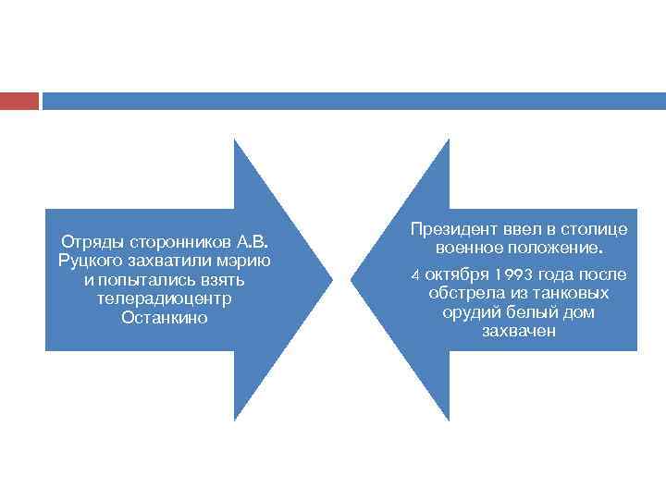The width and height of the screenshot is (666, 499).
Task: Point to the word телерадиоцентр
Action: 164,299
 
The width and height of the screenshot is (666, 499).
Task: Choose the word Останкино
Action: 164,318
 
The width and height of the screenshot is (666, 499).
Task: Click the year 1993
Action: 513,274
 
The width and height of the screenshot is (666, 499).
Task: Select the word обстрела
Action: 463,293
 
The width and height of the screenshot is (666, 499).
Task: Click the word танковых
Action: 572,293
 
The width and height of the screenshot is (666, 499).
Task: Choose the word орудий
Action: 472,312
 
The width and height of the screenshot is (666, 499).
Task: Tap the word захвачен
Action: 519,331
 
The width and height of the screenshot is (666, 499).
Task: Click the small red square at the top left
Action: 19,100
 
